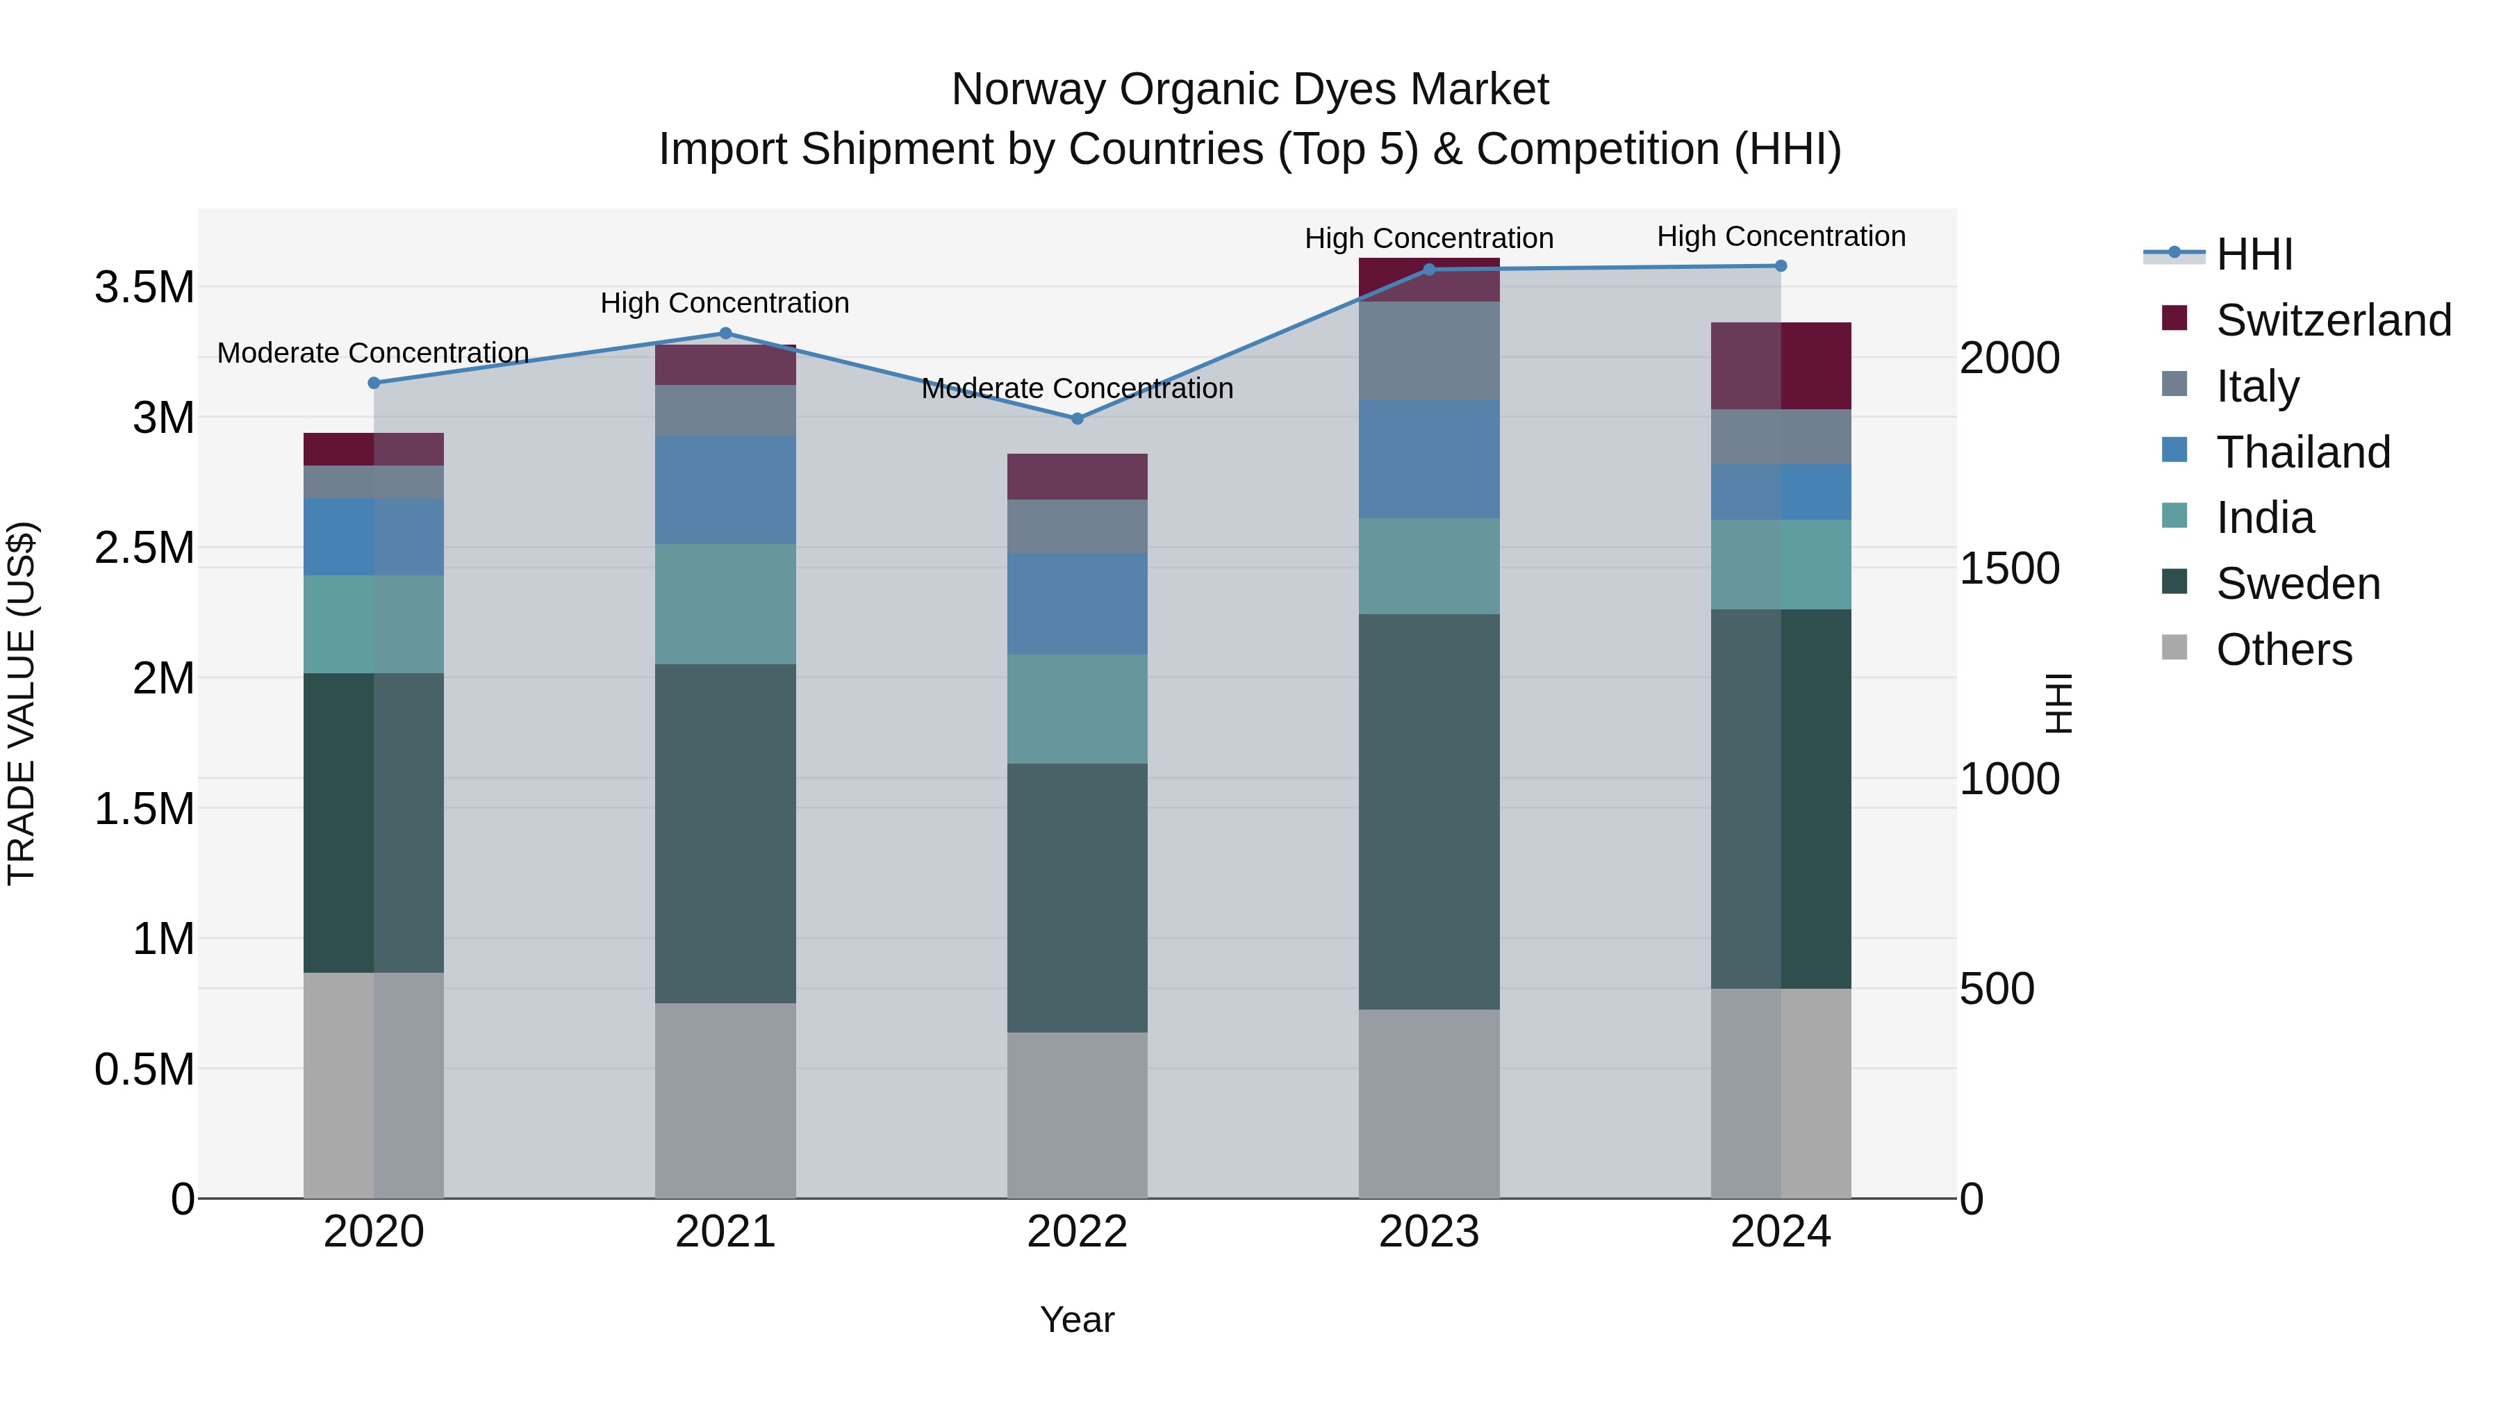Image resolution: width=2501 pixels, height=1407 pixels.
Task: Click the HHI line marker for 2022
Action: [1077, 418]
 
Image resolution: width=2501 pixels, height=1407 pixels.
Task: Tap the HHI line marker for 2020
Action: [374, 383]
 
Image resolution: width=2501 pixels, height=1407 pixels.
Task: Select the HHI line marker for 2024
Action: [1781, 266]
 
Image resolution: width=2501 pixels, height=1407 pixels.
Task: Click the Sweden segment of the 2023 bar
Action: [1428, 811]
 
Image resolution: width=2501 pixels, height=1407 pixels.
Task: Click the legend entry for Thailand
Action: [2302, 452]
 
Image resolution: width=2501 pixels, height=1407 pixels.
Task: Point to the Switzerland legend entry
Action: [2333, 320]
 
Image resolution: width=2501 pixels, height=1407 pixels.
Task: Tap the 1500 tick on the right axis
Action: [2008, 568]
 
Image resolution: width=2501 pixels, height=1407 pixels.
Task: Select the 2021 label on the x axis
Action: [725, 1232]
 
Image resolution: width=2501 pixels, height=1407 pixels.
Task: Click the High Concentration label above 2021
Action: [725, 303]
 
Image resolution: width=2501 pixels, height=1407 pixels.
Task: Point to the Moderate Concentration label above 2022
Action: [1077, 388]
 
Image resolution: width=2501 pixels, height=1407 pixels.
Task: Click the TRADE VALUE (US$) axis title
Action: [22, 703]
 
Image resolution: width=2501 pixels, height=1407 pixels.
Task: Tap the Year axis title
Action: [1077, 1319]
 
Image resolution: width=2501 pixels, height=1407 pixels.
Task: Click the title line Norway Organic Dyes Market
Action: [1250, 90]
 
